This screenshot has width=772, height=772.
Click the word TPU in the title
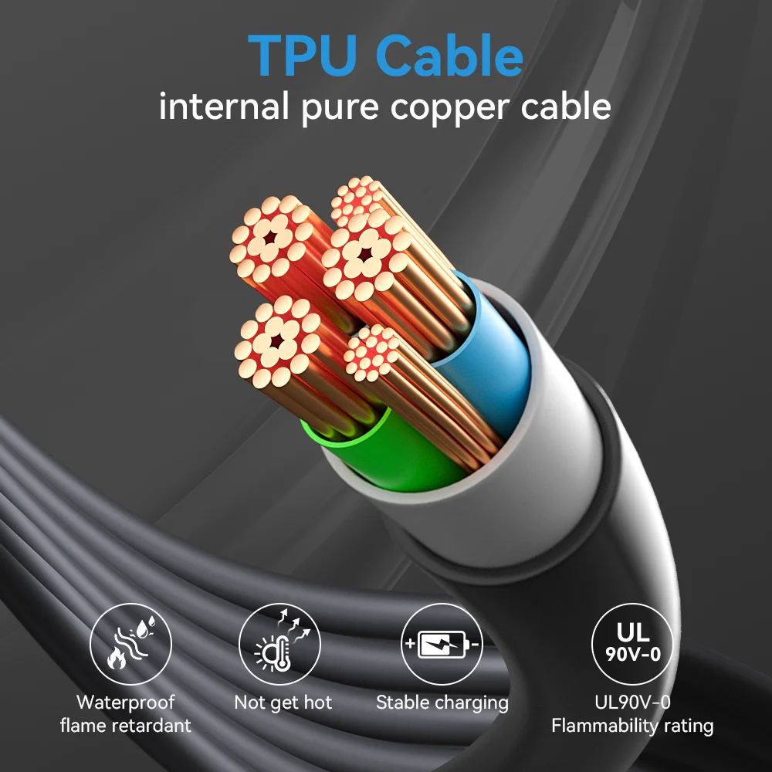point(301,55)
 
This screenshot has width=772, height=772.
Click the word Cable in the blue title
point(449,55)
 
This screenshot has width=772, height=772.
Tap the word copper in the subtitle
point(450,109)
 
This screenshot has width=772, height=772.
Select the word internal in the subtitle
point(224,106)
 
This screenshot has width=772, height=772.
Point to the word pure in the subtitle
point(340,109)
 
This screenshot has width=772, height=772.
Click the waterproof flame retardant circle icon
point(130,644)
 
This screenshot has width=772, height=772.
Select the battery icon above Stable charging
point(442,644)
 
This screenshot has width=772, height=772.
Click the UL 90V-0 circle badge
point(632,644)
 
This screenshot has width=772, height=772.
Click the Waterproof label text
point(125,703)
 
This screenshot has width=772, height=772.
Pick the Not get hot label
point(283,703)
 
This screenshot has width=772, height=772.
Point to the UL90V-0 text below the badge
point(632,703)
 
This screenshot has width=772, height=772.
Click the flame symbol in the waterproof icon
point(117,659)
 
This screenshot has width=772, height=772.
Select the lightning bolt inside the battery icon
point(441,644)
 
